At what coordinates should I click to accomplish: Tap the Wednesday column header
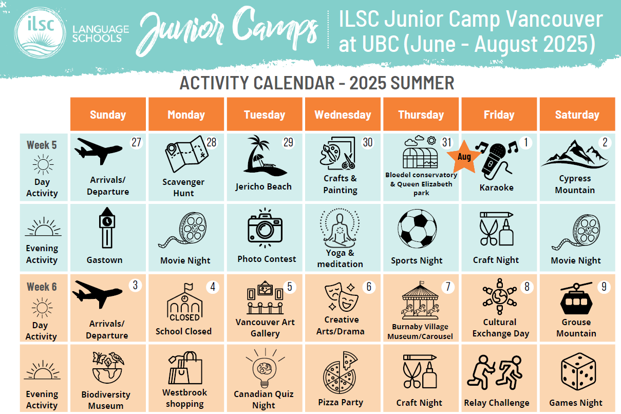[x=343, y=115]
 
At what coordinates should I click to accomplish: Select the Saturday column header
[x=577, y=115]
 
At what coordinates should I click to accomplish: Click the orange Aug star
[x=464, y=156]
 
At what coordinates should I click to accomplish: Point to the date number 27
[x=136, y=142]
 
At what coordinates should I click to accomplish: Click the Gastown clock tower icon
[x=107, y=228]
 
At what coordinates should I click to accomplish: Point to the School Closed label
[x=183, y=331]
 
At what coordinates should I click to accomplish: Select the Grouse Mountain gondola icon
[x=576, y=299]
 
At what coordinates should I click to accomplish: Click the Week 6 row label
[x=42, y=287]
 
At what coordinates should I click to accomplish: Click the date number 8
[x=526, y=286]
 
